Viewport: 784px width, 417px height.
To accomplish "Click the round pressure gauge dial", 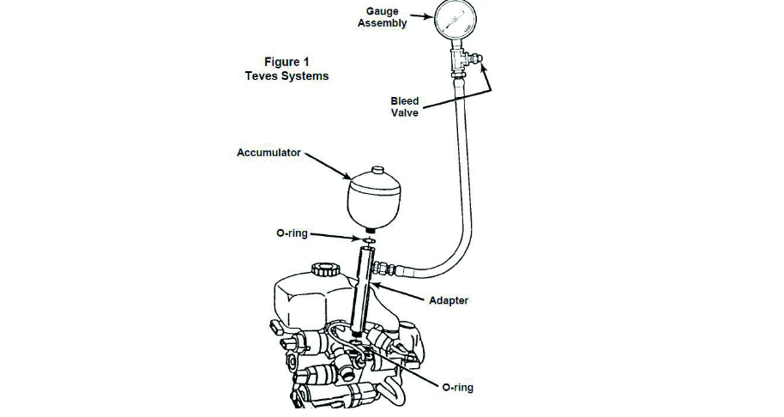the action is coord(455,21).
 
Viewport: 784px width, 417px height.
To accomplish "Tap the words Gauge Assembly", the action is coord(383,17).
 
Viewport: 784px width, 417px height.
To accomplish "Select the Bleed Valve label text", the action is coord(405,106).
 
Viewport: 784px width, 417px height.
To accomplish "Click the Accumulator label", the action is coord(268,153).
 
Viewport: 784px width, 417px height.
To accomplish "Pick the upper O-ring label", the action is coord(292,233).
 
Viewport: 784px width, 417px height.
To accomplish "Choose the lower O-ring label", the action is coord(457,388).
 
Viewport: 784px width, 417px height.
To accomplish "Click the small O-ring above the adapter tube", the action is coord(370,240).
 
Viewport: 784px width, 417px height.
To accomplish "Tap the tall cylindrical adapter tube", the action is coord(363,290).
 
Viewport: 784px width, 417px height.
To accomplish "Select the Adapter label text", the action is coord(449,300).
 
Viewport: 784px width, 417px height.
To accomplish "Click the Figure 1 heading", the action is coord(287,62).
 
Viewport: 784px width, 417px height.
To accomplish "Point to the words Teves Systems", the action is coord(287,76).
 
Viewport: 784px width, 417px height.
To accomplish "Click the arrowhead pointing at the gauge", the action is coord(429,16).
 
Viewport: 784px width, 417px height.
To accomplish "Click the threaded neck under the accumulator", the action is coord(371,229).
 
